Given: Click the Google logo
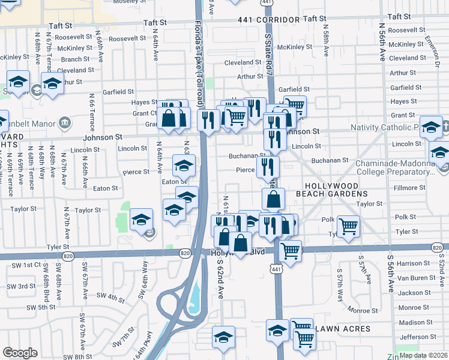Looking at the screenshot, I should tap(20, 353).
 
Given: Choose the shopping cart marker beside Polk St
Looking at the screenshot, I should tap(348, 226).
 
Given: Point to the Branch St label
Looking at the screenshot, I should tap(75, 59).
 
